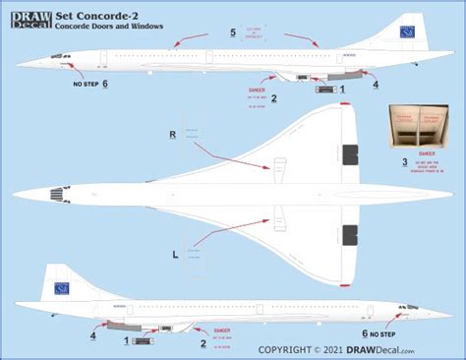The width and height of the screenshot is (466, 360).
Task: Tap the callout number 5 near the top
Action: click(x=232, y=33)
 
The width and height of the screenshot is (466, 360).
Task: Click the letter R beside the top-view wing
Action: click(x=173, y=133)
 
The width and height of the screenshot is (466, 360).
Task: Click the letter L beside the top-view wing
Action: click(x=176, y=254)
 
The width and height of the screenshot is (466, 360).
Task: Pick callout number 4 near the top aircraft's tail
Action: click(x=376, y=85)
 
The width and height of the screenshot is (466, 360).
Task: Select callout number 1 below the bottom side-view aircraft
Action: click(x=127, y=340)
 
